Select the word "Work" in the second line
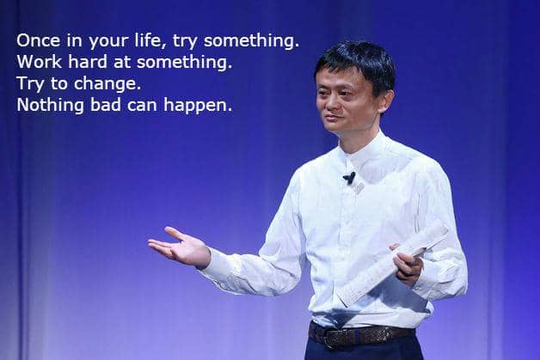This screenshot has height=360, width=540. click(35, 63)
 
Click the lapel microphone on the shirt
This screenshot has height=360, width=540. click(348, 178)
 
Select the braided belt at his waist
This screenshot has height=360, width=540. click(361, 333)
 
